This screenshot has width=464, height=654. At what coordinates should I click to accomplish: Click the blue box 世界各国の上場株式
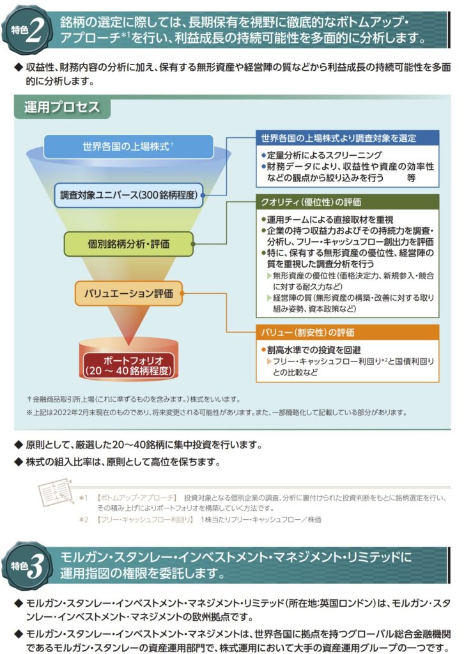[128, 146]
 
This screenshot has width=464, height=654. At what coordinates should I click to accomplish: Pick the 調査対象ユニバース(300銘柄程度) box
[128, 194]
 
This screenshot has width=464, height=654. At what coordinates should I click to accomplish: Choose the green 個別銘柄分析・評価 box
[128, 243]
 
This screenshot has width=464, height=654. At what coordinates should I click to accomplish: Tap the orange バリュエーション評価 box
[128, 294]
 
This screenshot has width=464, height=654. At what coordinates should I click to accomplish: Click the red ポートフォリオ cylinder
[128, 364]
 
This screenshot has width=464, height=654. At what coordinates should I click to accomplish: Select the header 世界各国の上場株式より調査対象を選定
[347, 139]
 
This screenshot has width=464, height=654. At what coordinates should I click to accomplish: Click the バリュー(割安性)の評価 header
[307, 333]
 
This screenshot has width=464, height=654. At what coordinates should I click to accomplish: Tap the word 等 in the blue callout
[412, 179]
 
